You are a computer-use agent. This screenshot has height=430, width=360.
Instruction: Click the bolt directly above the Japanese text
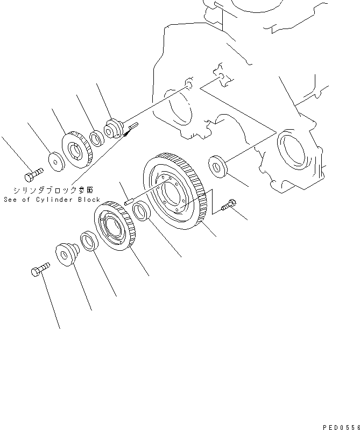click(x=33, y=175)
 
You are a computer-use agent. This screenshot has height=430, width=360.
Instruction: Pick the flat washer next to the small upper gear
click(x=55, y=160)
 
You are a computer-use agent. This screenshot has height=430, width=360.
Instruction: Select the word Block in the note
click(x=88, y=199)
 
